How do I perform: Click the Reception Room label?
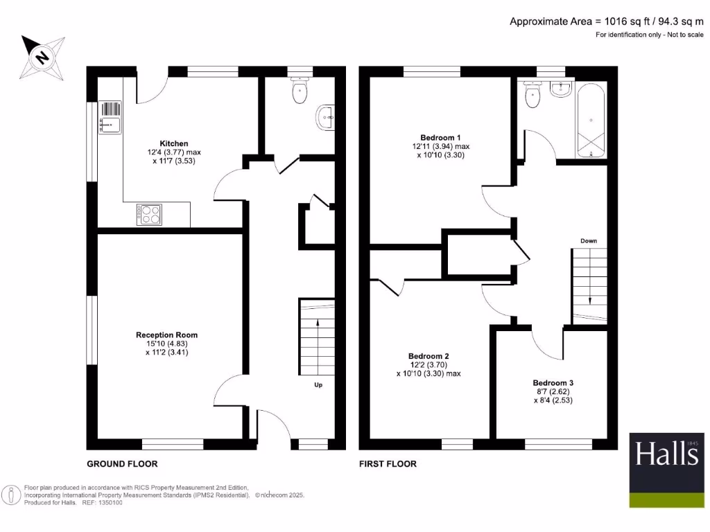(166, 335)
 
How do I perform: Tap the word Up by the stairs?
(318, 384)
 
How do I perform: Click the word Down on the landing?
(589, 241)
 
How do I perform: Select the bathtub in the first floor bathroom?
(590, 120)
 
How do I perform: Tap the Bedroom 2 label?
(428, 356)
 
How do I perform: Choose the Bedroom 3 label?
(553, 382)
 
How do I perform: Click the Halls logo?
(666, 455)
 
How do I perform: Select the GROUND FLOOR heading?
(122, 464)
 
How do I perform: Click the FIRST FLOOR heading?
(388, 464)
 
